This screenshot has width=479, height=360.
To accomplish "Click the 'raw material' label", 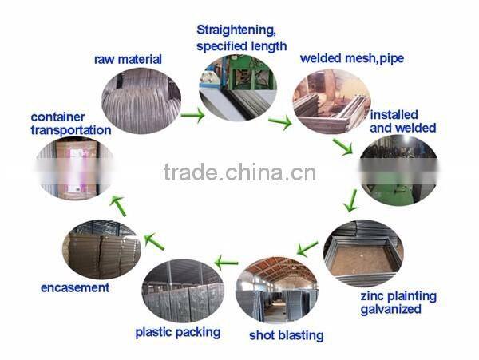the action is [x=128, y=59].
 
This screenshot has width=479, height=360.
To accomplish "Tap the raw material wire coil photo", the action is [x=137, y=101].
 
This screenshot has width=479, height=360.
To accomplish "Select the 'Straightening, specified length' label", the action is [x=241, y=38].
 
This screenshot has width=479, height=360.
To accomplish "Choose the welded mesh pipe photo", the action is [x=331, y=101].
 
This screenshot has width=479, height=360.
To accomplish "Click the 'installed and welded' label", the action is [x=402, y=121].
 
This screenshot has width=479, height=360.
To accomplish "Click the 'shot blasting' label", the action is [x=287, y=335].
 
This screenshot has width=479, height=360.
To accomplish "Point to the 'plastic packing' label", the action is [x=177, y=332].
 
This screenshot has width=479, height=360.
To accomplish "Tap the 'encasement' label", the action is [x=75, y=287].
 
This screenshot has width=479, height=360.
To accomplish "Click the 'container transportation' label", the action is [x=71, y=123].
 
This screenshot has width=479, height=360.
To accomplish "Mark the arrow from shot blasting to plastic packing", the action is [x=227, y=261].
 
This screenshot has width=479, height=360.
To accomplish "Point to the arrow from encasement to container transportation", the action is [x=117, y=205].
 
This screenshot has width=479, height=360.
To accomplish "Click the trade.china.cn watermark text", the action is [x=239, y=172].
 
